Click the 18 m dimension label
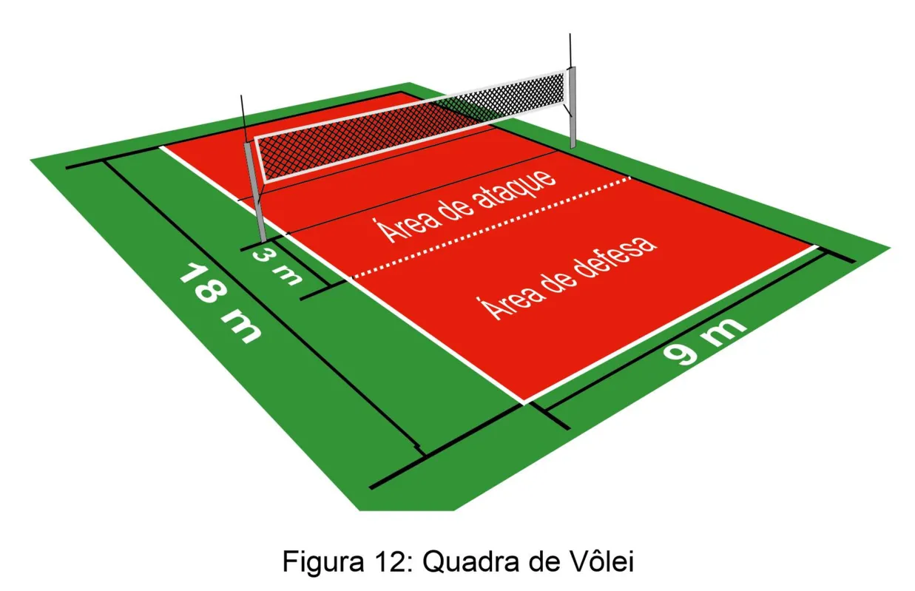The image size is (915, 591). [x=220, y=304]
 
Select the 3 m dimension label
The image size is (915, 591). [x=277, y=266]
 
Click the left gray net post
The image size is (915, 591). [x=255, y=192]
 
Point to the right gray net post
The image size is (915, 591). [x=573, y=107]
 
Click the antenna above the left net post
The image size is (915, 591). [x=244, y=118]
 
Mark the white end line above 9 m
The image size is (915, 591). [x=670, y=325]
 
